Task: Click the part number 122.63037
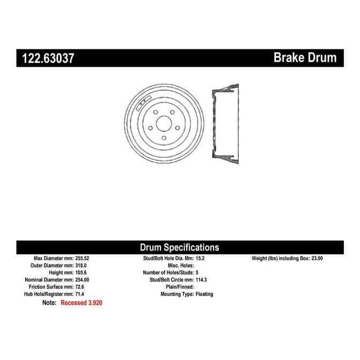pos(48,58)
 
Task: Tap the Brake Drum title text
pos(305,57)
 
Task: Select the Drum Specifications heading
pos(180,247)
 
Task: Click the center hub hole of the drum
pos(164,124)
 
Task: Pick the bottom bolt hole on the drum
pos(164,138)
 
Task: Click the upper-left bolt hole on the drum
pos(156,112)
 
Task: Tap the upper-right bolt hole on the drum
pos(172,112)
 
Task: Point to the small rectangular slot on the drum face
pos(144,103)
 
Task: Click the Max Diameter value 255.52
pos(82,258)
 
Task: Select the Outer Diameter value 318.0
pos(81,266)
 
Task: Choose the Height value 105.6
pos(81,273)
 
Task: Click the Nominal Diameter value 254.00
pos(82,280)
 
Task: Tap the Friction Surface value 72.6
pos(79,286)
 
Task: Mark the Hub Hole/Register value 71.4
pos(79,294)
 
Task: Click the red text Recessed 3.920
pos(82,303)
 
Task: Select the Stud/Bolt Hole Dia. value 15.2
pos(200,258)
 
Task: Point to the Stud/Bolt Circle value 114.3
pos(201,280)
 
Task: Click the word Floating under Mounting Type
pos(204,294)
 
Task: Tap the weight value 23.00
pos(317,258)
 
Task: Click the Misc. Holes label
pos(181,266)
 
